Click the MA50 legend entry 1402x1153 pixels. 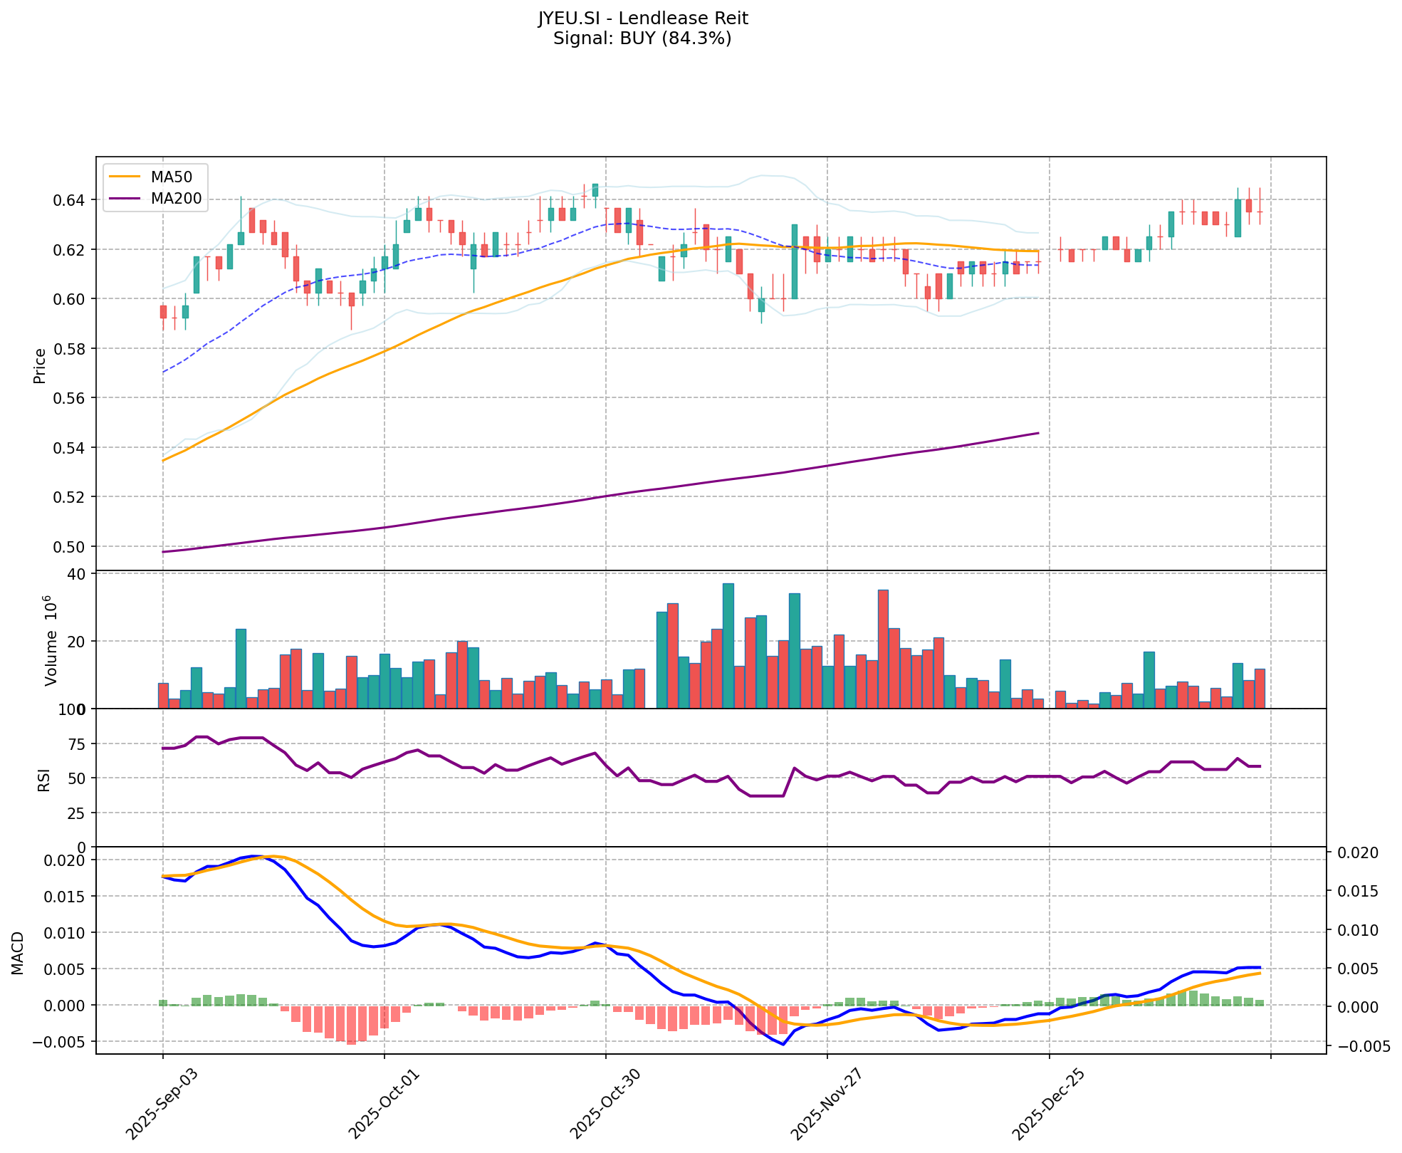171,177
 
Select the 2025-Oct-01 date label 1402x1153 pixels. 379,1103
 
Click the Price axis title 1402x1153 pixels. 40,365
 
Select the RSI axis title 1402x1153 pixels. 44,779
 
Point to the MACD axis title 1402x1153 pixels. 19,952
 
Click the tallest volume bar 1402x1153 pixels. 728,645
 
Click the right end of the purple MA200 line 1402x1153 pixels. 1038,433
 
